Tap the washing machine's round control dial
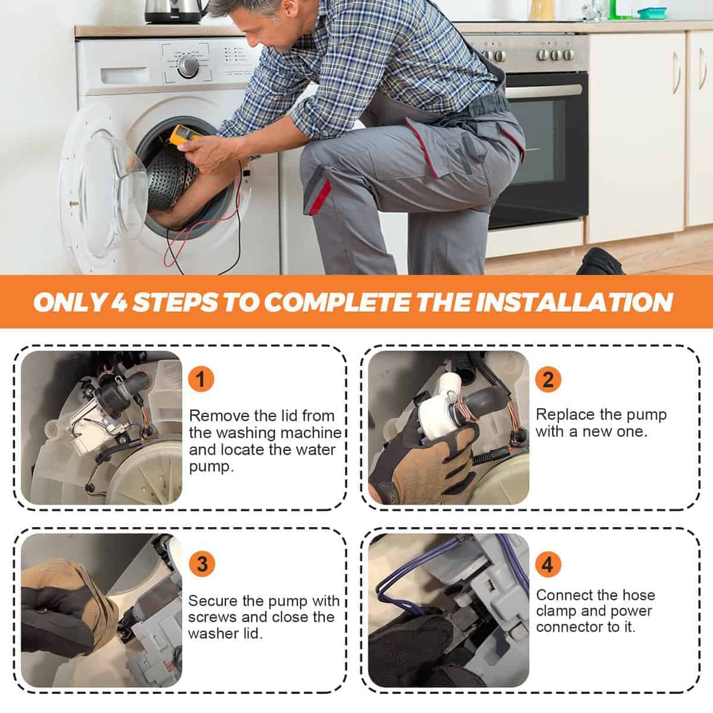(188, 66)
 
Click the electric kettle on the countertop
(175, 11)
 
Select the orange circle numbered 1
(201, 379)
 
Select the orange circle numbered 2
(548, 379)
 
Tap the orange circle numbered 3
(201, 564)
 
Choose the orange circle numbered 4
(548, 564)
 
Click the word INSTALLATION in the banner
(573, 302)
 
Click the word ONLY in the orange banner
(69, 302)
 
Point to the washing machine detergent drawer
(124, 75)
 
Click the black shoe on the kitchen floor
(600, 263)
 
